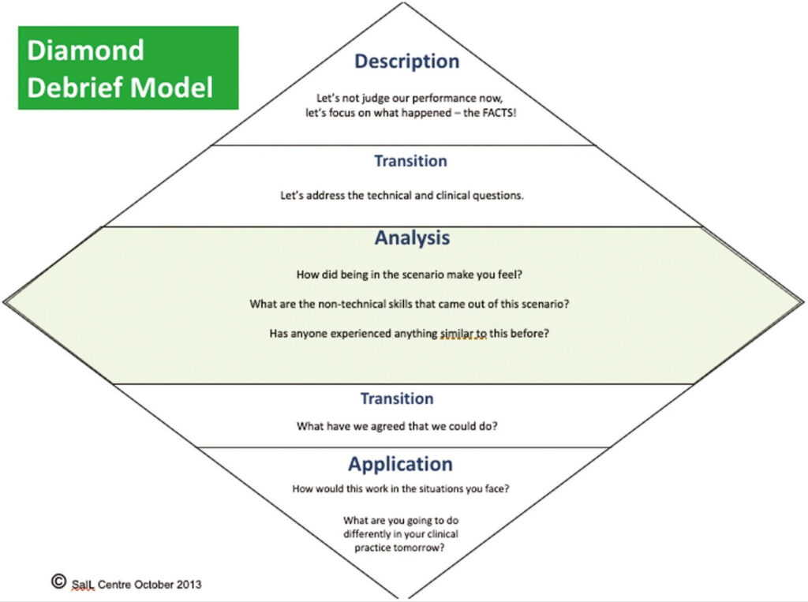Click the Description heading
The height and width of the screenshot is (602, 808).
(x=406, y=62)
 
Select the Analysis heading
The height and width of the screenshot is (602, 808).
(x=412, y=237)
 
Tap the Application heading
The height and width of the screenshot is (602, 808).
(x=401, y=464)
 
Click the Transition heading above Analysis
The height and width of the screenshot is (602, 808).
(x=410, y=161)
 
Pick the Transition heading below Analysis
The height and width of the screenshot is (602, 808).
(x=397, y=398)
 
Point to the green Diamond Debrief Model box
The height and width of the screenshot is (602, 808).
(x=128, y=68)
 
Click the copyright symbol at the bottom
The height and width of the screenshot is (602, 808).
(x=58, y=581)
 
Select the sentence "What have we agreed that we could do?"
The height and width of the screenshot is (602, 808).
(x=402, y=427)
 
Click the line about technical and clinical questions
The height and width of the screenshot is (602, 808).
(x=402, y=195)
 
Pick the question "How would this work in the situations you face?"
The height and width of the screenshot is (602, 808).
(x=401, y=489)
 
